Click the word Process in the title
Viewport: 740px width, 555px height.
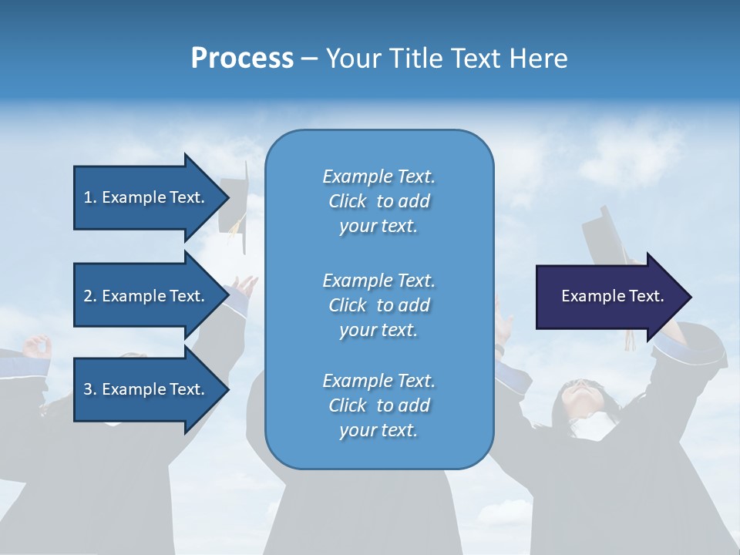coord(242,59)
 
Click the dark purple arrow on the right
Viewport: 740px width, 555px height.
coord(609,297)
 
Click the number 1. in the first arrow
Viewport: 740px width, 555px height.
coord(90,197)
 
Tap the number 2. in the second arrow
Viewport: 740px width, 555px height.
coord(90,296)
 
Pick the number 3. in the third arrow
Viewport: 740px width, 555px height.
coord(90,389)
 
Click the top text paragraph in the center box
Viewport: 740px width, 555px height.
coord(378,201)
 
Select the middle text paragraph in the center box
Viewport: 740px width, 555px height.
coord(378,304)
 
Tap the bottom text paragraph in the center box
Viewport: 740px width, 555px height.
coord(378,405)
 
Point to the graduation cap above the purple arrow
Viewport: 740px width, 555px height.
coord(606,235)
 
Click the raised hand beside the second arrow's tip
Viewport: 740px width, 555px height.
coord(246,290)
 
